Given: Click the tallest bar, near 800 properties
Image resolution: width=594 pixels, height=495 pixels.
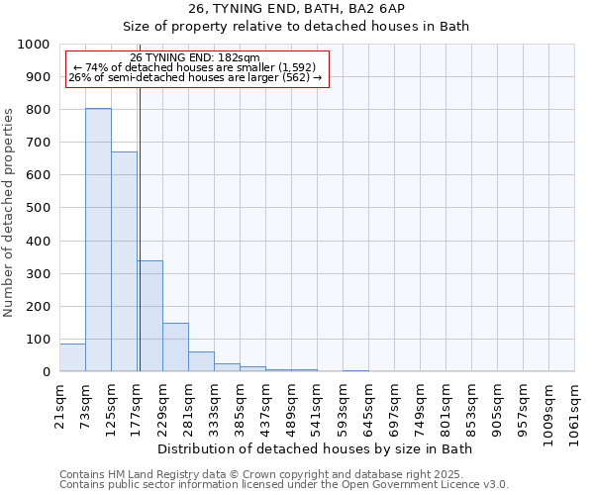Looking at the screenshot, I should (x=98, y=240).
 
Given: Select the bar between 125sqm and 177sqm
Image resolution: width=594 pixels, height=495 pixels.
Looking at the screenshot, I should (x=124, y=261).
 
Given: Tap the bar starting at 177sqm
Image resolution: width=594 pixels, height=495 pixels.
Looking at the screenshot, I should (x=149, y=316).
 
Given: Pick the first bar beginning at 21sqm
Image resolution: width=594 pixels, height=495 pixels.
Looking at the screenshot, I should (x=72, y=357).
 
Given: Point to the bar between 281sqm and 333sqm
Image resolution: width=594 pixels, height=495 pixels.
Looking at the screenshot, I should (x=201, y=361).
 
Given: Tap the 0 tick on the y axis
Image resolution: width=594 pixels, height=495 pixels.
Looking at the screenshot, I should (x=47, y=372).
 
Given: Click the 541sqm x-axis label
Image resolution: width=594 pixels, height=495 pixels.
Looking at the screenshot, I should (x=318, y=405).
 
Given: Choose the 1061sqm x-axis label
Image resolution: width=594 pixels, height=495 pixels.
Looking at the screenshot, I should (x=575, y=409).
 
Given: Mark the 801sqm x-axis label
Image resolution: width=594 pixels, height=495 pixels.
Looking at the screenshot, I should (x=446, y=405).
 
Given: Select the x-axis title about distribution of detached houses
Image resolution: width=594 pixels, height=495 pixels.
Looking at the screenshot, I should (x=315, y=449).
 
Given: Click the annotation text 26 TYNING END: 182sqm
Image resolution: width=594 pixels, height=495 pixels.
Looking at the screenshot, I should (x=195, y=57).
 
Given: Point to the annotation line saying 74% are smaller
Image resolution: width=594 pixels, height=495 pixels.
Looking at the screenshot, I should (x=195, y=67).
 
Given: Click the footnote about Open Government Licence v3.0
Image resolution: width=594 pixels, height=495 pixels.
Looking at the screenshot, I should (x=284, y=485).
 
